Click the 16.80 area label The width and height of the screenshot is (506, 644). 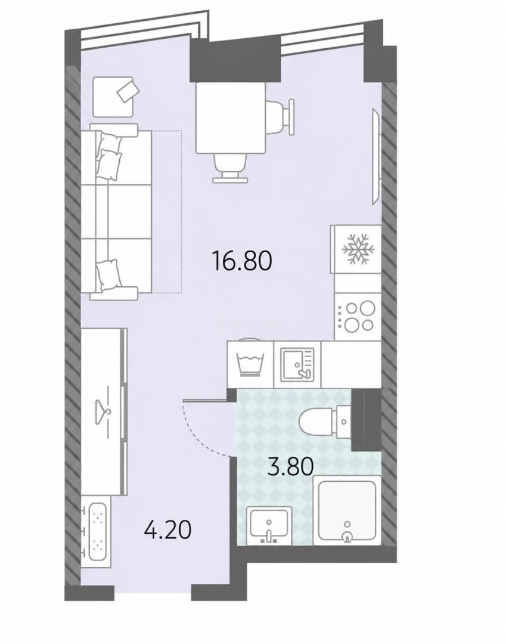[x=241, y=261]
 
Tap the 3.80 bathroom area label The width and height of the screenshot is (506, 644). [x=290, y=466]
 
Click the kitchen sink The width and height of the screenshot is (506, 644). [x=297, y=363]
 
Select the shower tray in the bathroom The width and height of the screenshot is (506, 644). [x=347, y=510]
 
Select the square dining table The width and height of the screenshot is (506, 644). [x=231, y=118]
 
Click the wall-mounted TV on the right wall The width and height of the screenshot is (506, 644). [x=377, y=156]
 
